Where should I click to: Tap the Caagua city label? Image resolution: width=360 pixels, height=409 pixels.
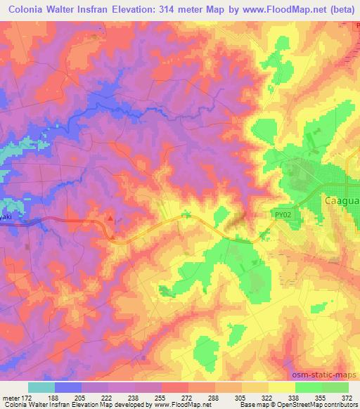tap(341, 200)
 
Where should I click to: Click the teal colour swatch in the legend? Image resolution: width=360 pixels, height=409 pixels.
tap(41, 387)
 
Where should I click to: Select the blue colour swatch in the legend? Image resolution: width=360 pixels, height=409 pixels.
tap(69, 387)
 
